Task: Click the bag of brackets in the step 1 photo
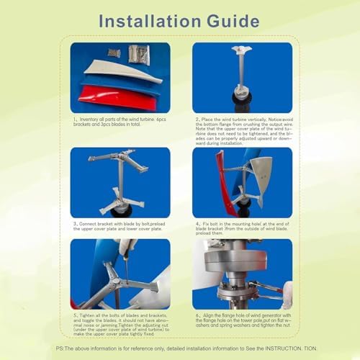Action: click(x=139, y=54)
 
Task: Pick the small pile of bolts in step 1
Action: click(x=113, y=53)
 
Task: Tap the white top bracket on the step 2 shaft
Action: click(x=242, y=52)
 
